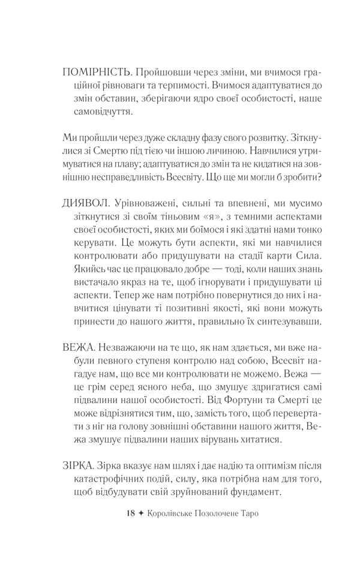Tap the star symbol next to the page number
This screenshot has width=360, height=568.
click(142, 513)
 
